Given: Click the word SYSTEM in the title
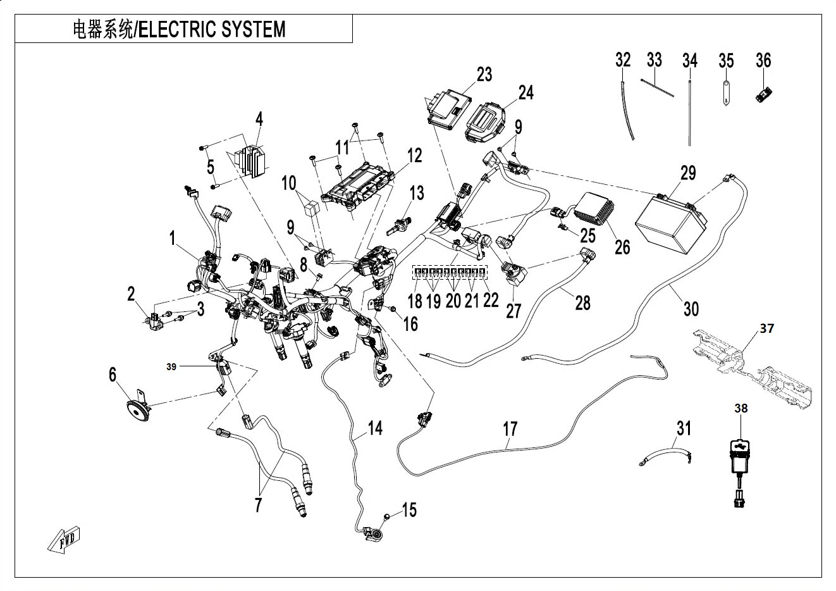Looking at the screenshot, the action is pyautogui.click(x=253, y=29).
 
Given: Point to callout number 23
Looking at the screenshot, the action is pyautogui.click(x=484, y=74).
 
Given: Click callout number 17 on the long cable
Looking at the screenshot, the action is pyautogui.click(x=510, y=429).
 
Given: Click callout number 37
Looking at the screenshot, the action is pyautogui.click(x=767, y=328).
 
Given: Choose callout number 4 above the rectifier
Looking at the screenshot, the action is pyautogui.click(x=259, y=119).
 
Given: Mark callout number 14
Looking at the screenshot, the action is pyautogui.click(x=375, y=428).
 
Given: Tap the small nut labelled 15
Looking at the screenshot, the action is pyautogui.click(x=386, y=516).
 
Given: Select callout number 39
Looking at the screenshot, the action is pyautogui.click(x=171, y=367).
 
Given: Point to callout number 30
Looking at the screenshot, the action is pyautogui.click(x=691, y=309).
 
